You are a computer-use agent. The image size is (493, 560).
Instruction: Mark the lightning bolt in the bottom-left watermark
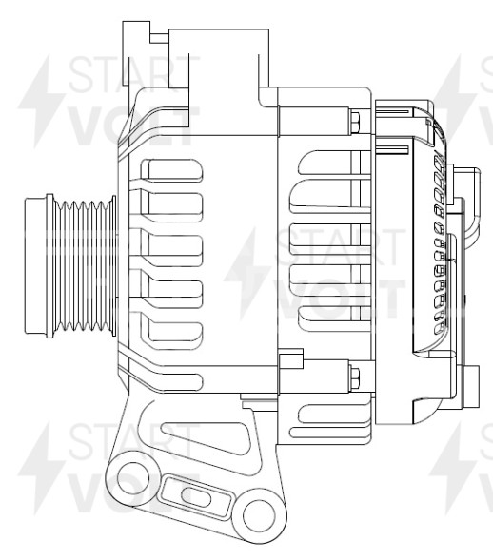click(43, 466)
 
